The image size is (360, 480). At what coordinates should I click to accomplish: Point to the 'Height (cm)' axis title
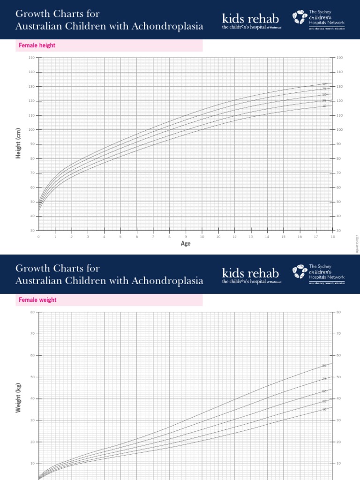[x=19, y=143]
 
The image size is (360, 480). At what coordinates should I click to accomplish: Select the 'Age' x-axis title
[x=186, y=243]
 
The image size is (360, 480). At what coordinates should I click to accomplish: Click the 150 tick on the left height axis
[x=32, y=58]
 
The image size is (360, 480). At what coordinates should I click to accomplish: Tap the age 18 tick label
[x=333, y=237]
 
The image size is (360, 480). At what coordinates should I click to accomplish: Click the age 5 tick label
[x=120, y=237]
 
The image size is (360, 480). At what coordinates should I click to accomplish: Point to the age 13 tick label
[x=251, y=237]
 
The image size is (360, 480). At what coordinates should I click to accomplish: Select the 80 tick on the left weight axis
[x=32, y=312]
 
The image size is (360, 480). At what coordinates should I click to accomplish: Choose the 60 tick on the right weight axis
[x=338, y=356]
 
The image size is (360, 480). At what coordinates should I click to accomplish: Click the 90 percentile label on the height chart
[x=324, y=84]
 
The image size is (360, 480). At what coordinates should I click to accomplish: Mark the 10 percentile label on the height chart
[x=324, y=106]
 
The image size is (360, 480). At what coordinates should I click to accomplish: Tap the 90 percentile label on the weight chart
[x=324, y=366]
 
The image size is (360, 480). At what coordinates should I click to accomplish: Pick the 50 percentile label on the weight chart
[x=324, y=391]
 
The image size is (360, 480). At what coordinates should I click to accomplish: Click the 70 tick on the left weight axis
[x=32, y=334]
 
